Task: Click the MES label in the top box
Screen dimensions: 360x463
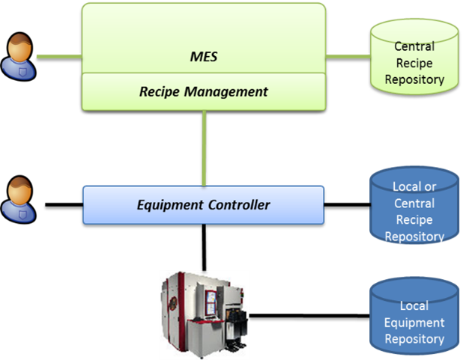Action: click(203, 56)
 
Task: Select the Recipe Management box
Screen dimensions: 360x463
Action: click(203, 92)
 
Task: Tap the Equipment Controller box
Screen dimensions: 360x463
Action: click(203, 204)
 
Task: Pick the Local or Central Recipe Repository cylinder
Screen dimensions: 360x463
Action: click(414, 210)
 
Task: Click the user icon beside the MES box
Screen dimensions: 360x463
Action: click(19, 56)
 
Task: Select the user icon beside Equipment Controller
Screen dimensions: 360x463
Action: click(19, 201)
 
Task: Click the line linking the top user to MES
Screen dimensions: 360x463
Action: click(58, 56)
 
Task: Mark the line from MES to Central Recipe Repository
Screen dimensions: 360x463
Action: click(348, 56)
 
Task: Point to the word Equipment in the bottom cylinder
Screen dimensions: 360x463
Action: click(414, 323)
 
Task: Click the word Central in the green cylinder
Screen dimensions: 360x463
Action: click(414, 46)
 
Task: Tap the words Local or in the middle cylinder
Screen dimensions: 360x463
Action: click(414, 186)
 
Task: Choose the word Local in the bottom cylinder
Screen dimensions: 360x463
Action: click(414, 307)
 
